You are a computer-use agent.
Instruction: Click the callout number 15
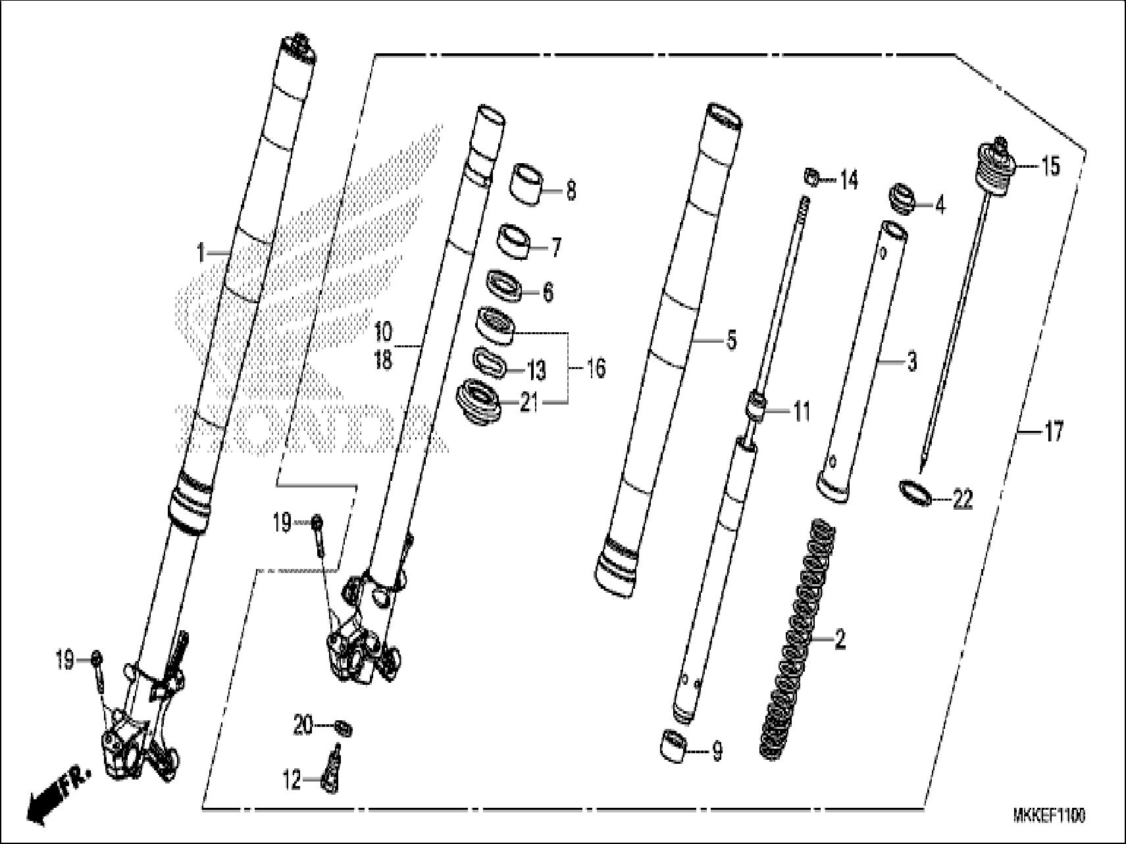point(1050,166)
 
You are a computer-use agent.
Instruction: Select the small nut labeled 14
point(811,177)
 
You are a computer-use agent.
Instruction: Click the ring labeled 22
point(917,492)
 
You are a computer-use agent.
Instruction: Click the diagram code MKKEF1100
point(1049,816)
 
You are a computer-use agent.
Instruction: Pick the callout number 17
point(1053,432)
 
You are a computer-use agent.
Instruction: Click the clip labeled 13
point(491,364)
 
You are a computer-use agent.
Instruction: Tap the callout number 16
point(595,368)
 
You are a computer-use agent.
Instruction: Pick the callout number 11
point(801,412)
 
